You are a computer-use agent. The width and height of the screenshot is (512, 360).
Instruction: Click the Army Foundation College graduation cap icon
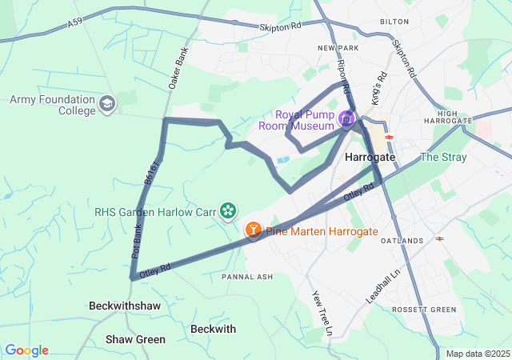(x=107, y=104)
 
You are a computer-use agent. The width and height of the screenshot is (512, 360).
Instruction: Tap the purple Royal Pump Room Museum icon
(x=346, y=119)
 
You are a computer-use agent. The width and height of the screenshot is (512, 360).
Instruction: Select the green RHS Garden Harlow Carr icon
(x=229, y=210)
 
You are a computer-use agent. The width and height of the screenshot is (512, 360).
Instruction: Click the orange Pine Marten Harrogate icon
(x=253, y=231)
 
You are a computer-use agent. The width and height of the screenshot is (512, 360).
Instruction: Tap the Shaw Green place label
(x=135, y=339)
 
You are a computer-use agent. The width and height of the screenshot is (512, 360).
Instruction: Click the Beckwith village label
(x=214, y=329)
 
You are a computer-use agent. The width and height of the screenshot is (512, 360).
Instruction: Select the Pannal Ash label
(x=247, y=277)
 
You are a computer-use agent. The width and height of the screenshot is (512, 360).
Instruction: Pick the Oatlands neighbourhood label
(x=402, y=241)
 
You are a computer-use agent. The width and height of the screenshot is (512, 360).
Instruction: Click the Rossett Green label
(x=424, y=309)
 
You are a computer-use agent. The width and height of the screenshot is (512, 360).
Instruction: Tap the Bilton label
(x=394, y=22)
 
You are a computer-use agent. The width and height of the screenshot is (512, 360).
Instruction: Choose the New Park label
(x=335, y=49)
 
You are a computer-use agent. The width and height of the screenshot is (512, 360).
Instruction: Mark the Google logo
(x=26, y=350)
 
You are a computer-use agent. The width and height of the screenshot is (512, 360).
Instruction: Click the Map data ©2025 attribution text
(x=478, y=354)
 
